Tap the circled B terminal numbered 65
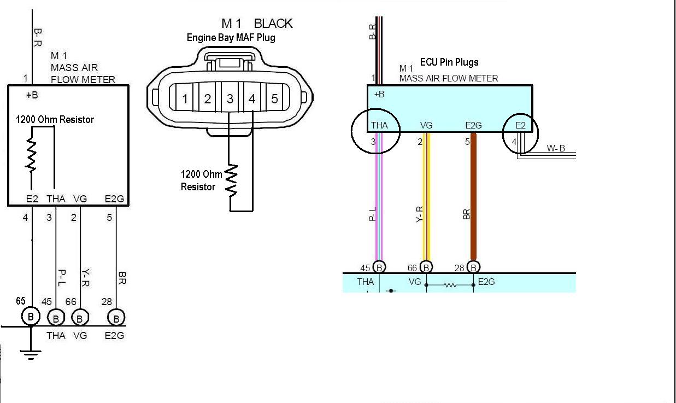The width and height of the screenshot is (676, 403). [31, 317]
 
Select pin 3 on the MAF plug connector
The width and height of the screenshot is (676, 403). [230, 99]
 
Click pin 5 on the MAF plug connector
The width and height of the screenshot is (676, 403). [274, 99]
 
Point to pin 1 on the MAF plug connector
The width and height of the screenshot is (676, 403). [185, 99]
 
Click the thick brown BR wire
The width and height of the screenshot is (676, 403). [473, 197]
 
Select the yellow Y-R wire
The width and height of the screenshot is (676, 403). [426, 197]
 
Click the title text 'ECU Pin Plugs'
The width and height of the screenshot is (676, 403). [449, 62]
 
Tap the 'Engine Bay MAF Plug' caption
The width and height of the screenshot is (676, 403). [231, 38]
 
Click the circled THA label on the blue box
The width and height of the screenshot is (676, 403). [379, 125]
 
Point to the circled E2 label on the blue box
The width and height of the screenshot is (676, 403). [520, 125]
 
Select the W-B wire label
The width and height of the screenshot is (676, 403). [556, 148]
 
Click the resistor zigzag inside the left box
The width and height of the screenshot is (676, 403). [31, 155]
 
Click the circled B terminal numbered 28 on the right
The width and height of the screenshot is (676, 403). [473, 267]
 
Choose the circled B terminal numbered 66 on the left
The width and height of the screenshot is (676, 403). [80, 318]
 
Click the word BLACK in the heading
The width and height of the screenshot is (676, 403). [273, 24]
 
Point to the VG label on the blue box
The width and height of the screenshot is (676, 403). [426, 125]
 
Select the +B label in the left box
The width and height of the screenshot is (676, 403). [32, 95]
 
